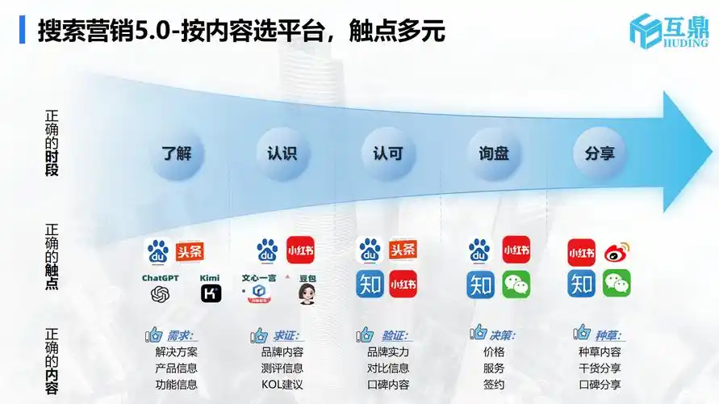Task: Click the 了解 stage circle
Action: [177, 152]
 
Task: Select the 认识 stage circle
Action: [282, 152]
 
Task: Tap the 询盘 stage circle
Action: [493, 152]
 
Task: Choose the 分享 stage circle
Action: [600, 152]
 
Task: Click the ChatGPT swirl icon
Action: [160, 295]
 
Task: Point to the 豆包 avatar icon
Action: [307, 294]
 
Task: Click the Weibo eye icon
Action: [617, 252]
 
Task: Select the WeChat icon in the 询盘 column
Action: [516, 284]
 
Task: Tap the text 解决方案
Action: [176, 352]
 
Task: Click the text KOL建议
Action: [282, 385]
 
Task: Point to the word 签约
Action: [494, 385]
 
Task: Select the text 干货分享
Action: [600, 368]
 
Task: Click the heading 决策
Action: [502, 335]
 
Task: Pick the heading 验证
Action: [395, 335]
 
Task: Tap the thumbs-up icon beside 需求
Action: [153, 335]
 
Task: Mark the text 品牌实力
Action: [388, 352]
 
